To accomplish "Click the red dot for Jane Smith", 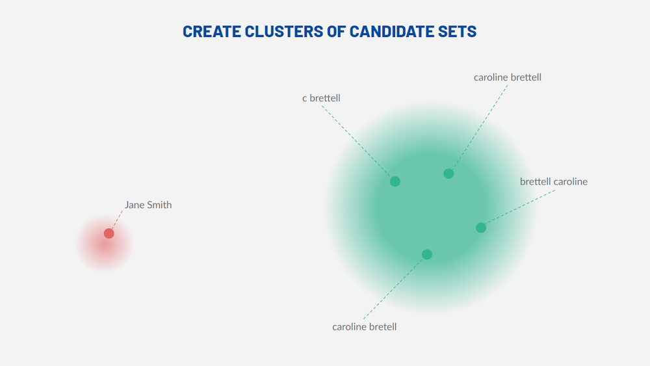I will (109, 233).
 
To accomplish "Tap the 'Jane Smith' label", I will (148, 205).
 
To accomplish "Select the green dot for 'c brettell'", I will (395, 181).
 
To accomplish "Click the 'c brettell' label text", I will (321, 98).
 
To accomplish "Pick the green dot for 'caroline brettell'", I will (448, 174).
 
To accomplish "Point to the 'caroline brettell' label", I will (507, 77).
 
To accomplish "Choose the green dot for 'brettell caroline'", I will (481, 228).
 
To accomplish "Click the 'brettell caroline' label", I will (553, 181).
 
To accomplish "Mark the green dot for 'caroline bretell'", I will (426, 254).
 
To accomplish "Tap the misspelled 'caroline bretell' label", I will (364, 326).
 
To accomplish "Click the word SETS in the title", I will (460, 31).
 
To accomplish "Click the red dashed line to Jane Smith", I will (116, 221).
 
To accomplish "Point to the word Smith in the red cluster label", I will (159, 205).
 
